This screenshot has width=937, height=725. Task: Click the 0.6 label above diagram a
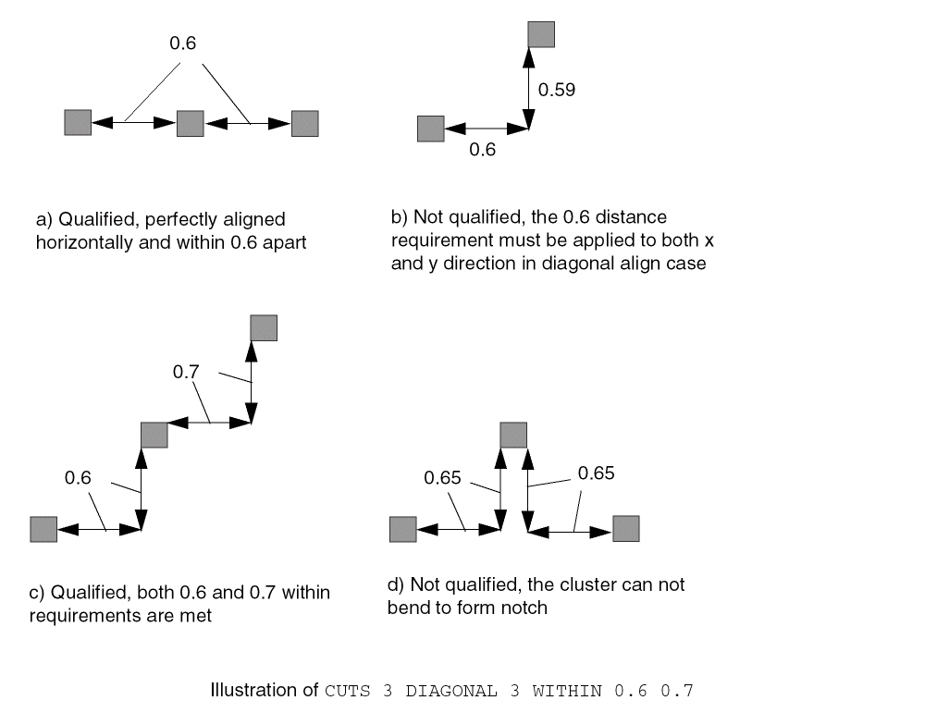[x=183, y=43]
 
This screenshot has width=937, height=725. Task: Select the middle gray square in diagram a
[x=190, y=124]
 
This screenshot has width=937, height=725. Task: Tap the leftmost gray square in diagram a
[x=78, y=122]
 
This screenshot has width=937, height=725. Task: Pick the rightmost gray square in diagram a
[x=304, y=124]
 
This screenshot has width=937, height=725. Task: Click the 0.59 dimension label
[x=557, y=90]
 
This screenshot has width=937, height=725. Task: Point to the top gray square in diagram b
[x=541, y=34]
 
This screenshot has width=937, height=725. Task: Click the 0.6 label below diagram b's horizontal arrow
[x=483, y=150]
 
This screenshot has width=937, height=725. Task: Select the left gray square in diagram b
[x=431, y=129]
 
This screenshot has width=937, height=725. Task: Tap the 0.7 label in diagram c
[x=186, y=372]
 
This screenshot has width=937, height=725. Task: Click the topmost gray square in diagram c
[x=264, y=327]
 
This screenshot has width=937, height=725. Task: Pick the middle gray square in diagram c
[x=154, y=435]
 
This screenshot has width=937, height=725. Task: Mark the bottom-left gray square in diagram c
[x=43, y=529]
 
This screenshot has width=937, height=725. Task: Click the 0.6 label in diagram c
[x=78, y=478]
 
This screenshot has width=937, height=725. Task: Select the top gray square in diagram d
[x=513, y=435]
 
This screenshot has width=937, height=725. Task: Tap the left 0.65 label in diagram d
[x=442, y=478]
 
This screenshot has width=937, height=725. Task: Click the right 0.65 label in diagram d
[x=596, y=473]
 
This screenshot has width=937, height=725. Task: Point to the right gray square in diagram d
[x=626, y=528]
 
